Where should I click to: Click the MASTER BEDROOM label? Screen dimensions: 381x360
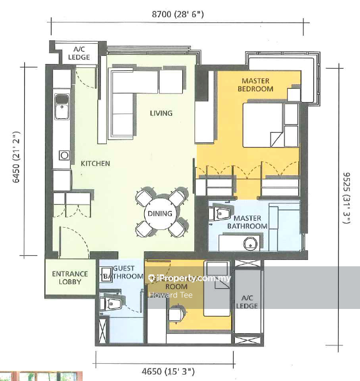[x=257, y=85]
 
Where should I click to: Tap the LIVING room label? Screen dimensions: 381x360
[x=161, y=113]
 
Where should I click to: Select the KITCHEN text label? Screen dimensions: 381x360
[x=95, y=163]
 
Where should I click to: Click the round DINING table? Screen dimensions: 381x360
[x=160, y=213]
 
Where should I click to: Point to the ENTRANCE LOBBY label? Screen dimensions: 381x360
[x=70, y=278]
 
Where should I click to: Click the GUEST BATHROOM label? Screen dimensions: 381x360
[x=123, y=273]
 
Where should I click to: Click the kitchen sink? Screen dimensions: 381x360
[x=61, y=105]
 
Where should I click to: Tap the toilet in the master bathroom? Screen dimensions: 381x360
[x=220, y=214]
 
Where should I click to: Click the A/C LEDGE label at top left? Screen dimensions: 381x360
[x=78, y=52]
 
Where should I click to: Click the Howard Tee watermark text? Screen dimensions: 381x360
[x=171, y=295]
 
